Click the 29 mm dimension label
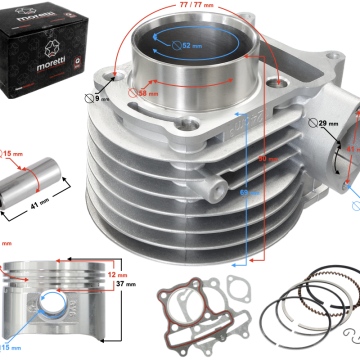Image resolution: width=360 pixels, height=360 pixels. [x=325, y=124]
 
